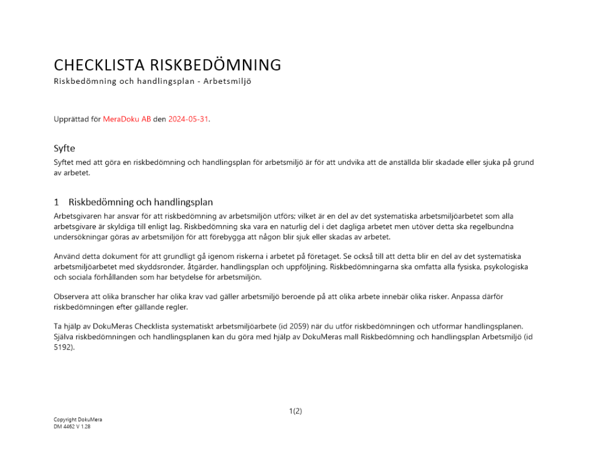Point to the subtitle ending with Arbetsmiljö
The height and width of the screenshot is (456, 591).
coord(152,82)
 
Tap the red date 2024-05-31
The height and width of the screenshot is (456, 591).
coord(189,119)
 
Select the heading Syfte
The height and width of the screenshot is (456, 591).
coord(64,148)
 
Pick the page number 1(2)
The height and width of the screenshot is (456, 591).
coord(295,411)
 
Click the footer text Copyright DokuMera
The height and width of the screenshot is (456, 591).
coord(77,420)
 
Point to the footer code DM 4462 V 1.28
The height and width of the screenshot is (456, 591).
coord(72,426)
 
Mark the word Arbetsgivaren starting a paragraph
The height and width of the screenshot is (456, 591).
coord(79,216)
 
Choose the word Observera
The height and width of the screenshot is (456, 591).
coord(72,296)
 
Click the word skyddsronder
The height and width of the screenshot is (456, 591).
coord(146,266)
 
